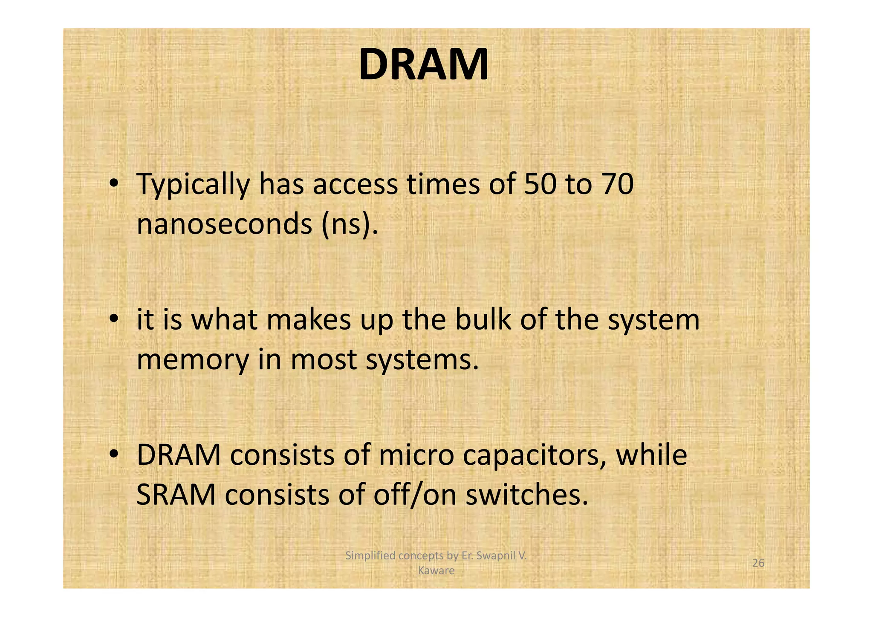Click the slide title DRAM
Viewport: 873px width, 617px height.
(423, 65)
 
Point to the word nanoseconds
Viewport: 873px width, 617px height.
(224, 224)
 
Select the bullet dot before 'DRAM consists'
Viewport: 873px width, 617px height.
(113, 455)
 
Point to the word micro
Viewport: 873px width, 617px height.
(416, 455)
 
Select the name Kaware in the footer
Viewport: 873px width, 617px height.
(436, 571)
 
